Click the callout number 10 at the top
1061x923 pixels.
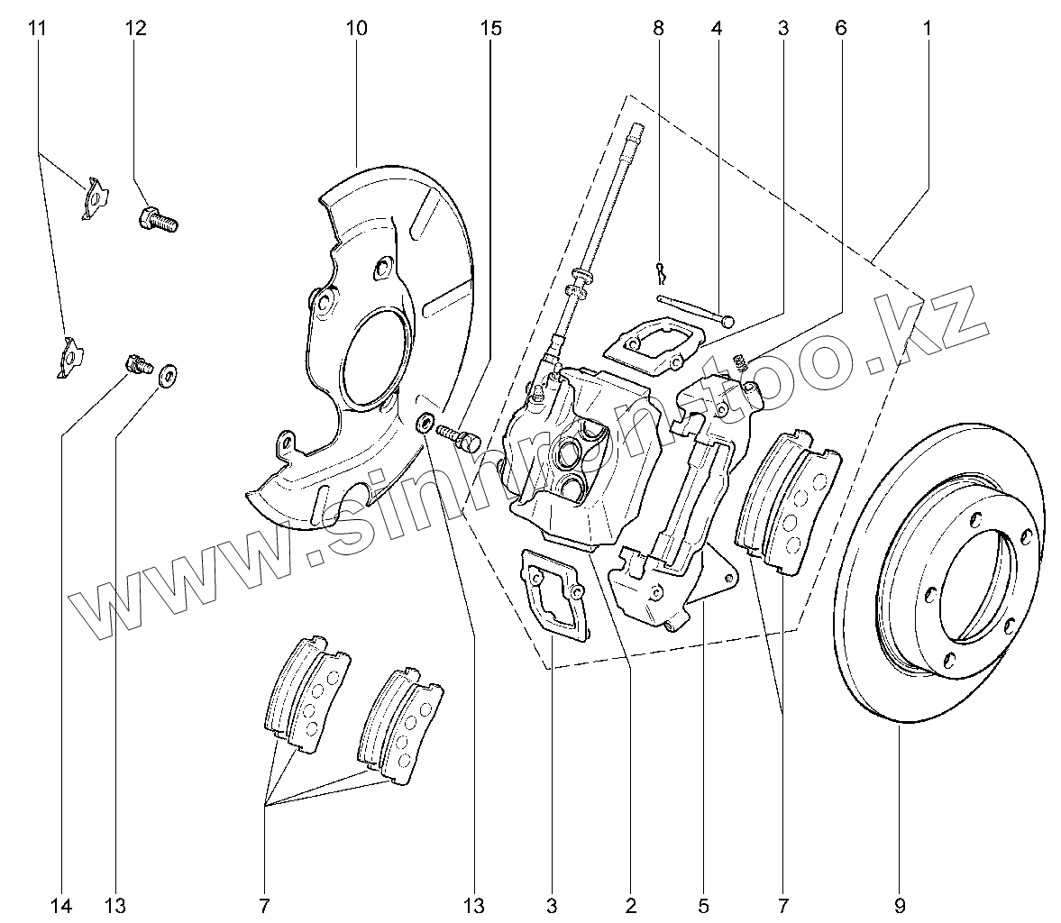click(356, 28)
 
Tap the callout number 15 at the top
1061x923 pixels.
click(489, 28)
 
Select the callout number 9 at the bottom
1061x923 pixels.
click(899, 904)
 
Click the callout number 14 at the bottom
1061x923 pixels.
click(60, 904)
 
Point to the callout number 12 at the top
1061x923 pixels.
click(135, 28)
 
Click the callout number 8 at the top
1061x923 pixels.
click(658, 28)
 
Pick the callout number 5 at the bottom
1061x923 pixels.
click(703, 904)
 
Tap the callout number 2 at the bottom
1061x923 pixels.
click(630, 904)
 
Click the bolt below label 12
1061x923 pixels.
click(158, 219)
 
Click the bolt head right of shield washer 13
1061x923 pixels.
click(466, 442)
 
